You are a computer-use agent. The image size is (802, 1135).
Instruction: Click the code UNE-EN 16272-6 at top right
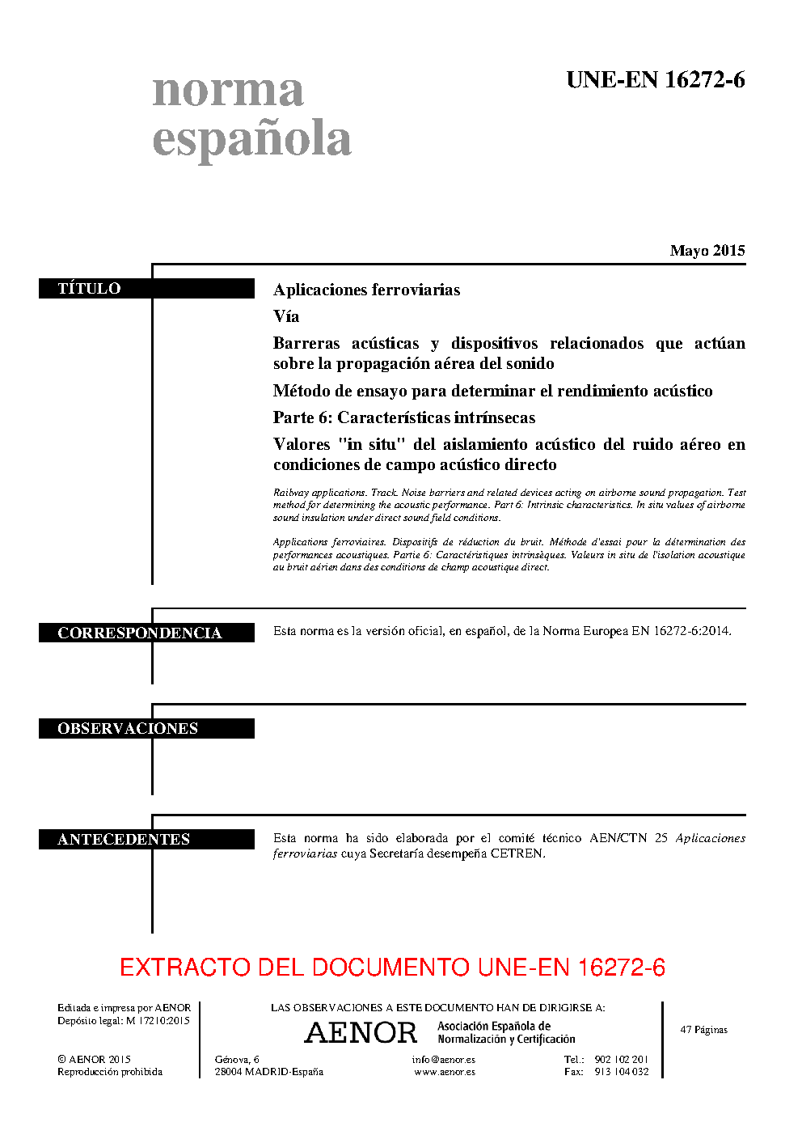[655, 80]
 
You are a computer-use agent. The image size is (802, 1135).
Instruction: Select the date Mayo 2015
[707, 251]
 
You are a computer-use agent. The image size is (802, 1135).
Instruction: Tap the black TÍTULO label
[89, 289]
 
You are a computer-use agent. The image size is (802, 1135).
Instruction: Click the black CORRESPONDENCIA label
[139, 633]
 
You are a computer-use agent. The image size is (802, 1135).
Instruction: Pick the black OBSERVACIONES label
[128, 728]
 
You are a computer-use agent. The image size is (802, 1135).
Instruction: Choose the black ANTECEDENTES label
[124, 839]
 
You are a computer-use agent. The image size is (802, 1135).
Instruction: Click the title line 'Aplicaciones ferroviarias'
[366, 290]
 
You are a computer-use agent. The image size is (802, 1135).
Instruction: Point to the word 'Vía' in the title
[286, 316]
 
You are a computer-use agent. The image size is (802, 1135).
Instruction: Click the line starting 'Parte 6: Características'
[404, 417]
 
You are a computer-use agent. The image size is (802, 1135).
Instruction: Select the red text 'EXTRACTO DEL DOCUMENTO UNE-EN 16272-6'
[392, 967]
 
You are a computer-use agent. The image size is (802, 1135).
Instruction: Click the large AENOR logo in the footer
[361, 1032]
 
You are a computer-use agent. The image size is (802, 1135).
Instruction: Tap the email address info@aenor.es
[443, 1059]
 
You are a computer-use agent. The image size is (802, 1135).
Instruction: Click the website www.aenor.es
[445, 1072]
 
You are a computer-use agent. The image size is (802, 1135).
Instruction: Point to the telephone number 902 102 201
[621, 1059]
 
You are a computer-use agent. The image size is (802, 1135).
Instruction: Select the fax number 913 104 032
[621, 1072]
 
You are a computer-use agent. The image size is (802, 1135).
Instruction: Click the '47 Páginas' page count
[703, 1030]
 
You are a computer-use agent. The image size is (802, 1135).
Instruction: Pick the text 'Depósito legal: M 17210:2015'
[124, 1021]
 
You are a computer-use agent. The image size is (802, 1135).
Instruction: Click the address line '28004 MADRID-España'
[268, 1072]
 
